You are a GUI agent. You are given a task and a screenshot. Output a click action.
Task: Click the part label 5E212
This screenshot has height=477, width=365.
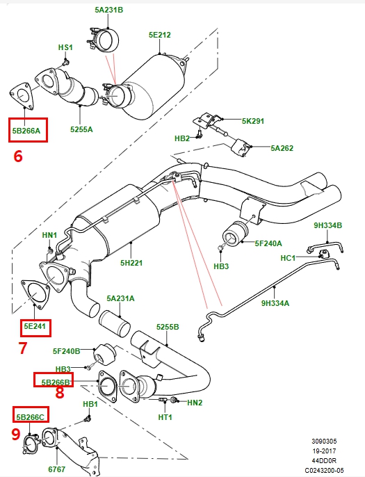coord(159,34)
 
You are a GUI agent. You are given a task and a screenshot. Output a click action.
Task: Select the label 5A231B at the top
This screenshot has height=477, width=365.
coord(109,10)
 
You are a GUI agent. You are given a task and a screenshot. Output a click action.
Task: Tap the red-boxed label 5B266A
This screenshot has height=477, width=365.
coord(27,130)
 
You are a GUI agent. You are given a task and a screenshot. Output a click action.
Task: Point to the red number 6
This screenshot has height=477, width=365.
coord(18,156)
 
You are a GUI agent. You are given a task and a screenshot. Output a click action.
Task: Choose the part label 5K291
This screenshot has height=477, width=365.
coord(253,121)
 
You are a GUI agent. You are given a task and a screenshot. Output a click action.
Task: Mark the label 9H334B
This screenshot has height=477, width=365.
coord(327,225)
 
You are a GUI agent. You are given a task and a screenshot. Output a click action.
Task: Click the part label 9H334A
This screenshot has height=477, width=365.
coord(276,302)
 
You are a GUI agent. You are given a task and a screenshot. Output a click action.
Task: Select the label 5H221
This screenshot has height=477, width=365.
coord(131,263)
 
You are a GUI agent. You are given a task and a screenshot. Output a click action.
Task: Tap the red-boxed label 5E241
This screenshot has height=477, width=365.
coord(35,325)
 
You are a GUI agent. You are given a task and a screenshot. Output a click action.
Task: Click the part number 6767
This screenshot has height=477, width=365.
coord(56,469)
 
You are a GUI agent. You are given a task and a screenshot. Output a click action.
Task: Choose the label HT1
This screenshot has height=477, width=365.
coord(165,417)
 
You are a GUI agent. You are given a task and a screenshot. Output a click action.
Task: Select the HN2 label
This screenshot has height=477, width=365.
coord(195,402)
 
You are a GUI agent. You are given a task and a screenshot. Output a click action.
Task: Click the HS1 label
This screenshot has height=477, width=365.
coord(65,47)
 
